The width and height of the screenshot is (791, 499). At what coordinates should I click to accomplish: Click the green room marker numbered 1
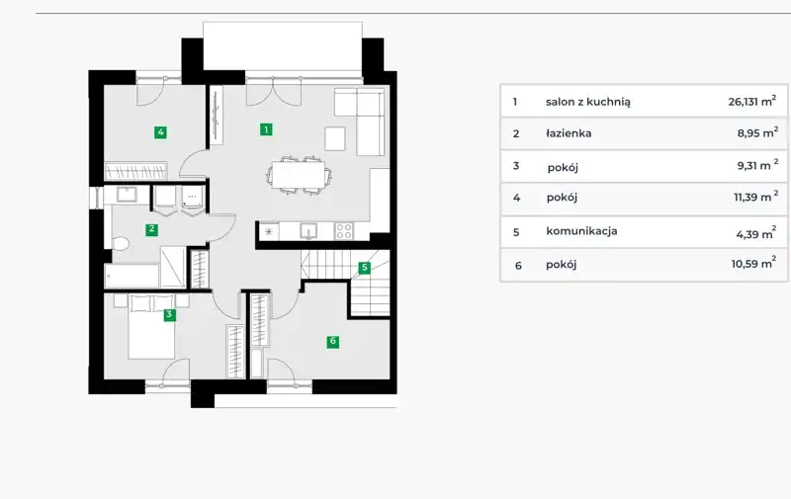266,129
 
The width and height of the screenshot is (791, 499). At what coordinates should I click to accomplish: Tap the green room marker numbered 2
151,229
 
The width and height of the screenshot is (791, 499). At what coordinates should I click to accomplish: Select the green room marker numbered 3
169,314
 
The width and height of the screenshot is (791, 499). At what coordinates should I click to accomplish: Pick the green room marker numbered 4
160,132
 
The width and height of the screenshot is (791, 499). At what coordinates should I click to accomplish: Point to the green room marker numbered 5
364,267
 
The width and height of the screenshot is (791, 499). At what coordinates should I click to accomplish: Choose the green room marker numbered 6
332,341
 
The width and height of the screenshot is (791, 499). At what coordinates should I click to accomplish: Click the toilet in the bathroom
120,244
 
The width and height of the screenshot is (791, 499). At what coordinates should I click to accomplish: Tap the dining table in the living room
299,174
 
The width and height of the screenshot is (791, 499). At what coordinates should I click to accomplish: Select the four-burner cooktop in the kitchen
344,231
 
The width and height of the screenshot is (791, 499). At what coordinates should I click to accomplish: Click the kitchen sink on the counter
308,231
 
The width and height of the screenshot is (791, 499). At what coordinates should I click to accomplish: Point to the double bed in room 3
151,327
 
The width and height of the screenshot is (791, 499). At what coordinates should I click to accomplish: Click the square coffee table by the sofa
335,138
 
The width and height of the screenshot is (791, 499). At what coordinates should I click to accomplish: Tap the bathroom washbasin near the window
127,195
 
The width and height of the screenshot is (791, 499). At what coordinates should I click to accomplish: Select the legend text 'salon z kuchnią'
587,102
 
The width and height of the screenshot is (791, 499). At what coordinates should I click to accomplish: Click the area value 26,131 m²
752,101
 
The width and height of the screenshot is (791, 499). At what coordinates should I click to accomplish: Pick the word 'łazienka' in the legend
569,133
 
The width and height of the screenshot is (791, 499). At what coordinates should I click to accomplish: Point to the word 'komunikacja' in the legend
581,231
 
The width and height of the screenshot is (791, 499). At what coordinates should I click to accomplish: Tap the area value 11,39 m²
755,196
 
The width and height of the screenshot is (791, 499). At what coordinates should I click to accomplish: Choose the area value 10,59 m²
753,263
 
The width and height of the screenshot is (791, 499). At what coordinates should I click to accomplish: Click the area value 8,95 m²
757,132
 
